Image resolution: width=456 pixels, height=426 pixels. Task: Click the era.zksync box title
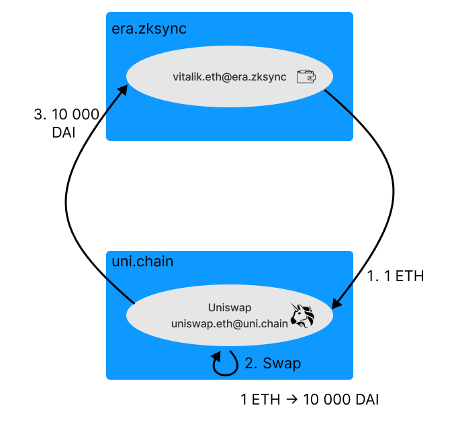pos(149,29)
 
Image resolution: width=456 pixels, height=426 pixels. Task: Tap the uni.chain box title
pos(142,261)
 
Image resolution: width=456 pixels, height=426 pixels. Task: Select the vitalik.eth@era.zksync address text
pos(230,77)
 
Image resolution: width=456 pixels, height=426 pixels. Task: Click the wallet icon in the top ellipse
pos(306,77)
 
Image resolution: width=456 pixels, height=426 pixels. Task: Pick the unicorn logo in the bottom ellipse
pos(302,315)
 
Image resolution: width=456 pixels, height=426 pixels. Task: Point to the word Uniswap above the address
pos(230,308)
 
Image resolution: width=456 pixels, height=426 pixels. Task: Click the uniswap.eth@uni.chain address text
pos(230,323)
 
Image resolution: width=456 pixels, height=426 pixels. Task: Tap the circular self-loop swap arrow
pos(226,363)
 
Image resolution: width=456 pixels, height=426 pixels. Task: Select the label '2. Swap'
pos(273,364)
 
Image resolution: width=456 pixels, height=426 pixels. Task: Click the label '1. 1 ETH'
pos(396,276)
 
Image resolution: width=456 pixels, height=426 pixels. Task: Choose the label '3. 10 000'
pos(66,115)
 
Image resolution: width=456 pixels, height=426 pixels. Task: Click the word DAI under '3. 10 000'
pos(63,133)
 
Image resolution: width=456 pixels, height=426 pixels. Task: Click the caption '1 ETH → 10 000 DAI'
pos(310,400)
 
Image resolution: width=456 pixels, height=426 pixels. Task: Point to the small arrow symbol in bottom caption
pos(292,401)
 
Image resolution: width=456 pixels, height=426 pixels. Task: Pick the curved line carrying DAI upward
pos(67,201)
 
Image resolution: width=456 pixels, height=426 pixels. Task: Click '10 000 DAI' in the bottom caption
pos(341,400)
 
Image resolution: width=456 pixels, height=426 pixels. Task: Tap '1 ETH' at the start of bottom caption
pos(261,400)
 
